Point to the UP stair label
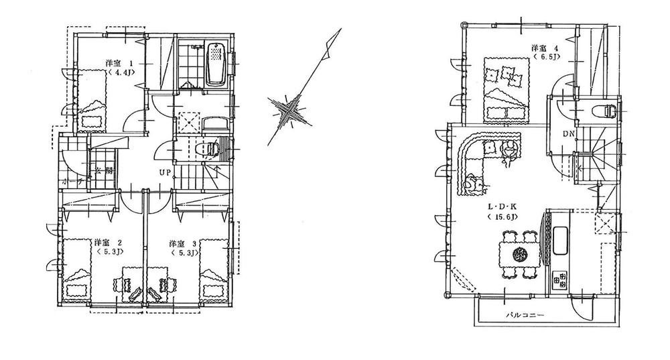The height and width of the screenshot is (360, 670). click(x=164, y=172)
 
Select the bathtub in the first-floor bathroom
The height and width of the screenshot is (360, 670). click(x=215, y=64)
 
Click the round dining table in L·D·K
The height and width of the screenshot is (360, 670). click(x=519, y=254)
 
